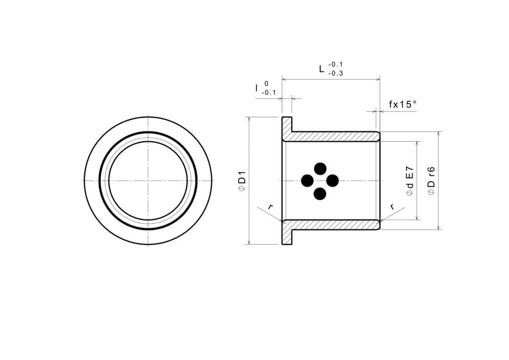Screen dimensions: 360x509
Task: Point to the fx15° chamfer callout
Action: point(403,104)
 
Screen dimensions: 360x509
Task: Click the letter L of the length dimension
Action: point(322,68)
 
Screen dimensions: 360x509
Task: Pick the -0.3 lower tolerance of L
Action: point(336,73)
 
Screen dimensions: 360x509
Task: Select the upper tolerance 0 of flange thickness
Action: point(266,84)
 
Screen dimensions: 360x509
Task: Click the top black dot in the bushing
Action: point(320,168)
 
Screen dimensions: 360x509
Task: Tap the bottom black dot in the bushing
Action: point(320,194)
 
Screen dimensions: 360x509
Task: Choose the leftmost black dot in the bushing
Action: point(307,181)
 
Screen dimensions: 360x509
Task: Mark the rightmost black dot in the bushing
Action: point(333,181)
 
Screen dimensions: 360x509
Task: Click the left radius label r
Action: point(270,207)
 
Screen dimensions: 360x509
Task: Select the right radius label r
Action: point(392,207)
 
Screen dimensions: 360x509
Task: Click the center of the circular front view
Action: point(148,181)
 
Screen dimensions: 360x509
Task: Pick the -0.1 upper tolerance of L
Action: point(336,65)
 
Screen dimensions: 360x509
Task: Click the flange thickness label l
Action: point(256,88)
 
